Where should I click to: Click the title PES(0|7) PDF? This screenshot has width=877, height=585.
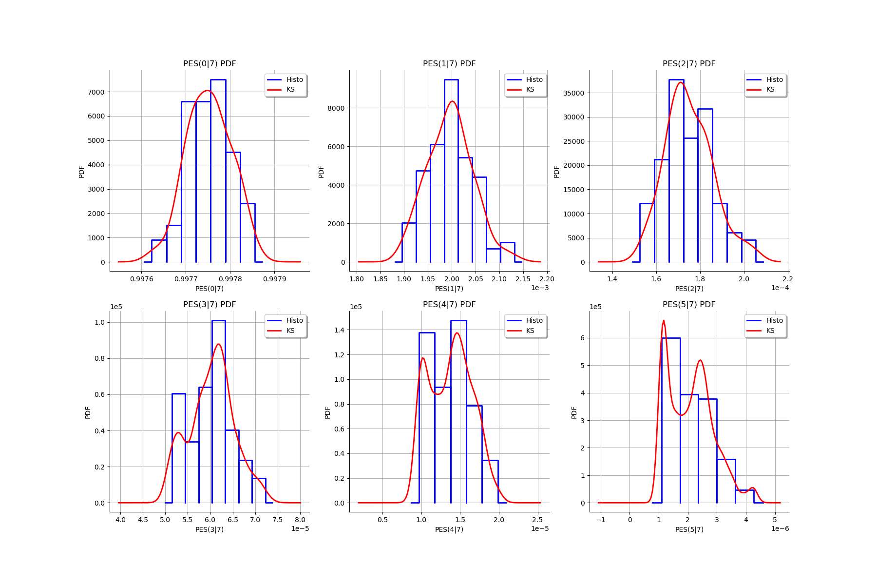(x=210, y=64)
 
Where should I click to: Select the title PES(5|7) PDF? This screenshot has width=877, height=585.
(x=689, y=305)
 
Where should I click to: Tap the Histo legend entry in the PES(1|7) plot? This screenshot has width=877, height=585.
(x=534, y=80)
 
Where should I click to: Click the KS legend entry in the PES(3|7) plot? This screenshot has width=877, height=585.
(x=290, y=331)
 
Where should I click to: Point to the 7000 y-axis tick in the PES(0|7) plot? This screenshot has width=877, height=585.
(x=96, y=92)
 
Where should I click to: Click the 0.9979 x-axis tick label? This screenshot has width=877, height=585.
(x=274, y=279)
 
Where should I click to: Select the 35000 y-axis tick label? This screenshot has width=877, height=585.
(x=574, y=93)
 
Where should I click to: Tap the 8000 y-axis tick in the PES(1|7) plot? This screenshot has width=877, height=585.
(x=336, y=108)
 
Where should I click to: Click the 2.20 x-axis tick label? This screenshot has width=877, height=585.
(x=547, y=279)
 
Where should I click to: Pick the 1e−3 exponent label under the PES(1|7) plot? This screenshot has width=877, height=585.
(x=540, y=288)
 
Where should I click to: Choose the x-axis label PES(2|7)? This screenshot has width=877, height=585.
(x=689, y=289)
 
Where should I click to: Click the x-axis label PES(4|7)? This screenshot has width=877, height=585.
(x=449, y=529)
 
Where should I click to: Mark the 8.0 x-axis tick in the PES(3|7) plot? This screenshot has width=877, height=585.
(x=300, y=520)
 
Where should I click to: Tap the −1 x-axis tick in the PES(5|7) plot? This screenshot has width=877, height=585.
(x=601, y=520)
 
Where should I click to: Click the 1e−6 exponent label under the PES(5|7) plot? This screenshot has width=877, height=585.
(x=780, y=528)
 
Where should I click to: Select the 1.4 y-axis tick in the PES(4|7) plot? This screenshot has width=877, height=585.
(x=340, y=330)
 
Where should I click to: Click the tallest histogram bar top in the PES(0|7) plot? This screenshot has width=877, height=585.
(x=218, y=79)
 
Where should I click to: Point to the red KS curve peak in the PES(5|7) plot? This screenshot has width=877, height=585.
(x=664, y=321)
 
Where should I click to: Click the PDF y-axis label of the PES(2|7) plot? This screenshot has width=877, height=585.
(x=556, y=172)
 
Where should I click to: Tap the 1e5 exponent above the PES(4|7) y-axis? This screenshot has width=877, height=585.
(x=356, y=307)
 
